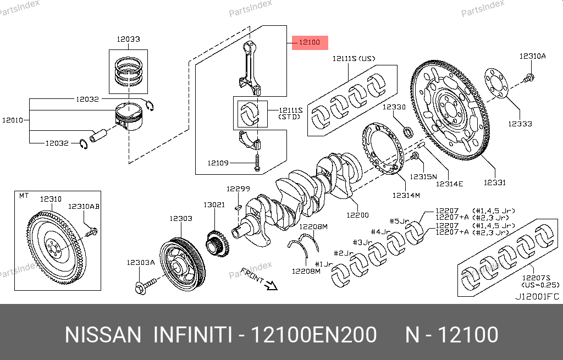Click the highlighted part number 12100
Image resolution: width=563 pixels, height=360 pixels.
(x=310, y=42)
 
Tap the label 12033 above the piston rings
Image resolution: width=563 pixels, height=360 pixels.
(x=128, y=39)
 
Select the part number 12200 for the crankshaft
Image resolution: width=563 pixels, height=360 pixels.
(x=357, y=215)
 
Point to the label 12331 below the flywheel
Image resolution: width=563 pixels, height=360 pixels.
(x=495, y=182)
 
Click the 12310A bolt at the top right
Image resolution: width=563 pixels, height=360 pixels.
(x=529, y=79)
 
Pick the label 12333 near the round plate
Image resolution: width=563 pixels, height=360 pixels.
(x=520, y=124)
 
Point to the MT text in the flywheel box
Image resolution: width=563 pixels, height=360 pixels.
(x=24, y=195)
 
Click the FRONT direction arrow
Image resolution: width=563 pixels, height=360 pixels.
(x=270, y=284)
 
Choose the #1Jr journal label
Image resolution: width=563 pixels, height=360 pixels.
(x=324, y=264)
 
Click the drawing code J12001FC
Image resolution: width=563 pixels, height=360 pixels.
(x=537, y=296)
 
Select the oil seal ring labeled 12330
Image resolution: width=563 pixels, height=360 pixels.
(x=409, y=132)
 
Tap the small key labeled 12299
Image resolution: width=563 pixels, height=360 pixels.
(x=237, y=207)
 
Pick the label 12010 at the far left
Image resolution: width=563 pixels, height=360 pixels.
(x=12, y=120)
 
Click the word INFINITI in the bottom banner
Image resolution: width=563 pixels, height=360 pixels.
(x=192, y=335)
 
